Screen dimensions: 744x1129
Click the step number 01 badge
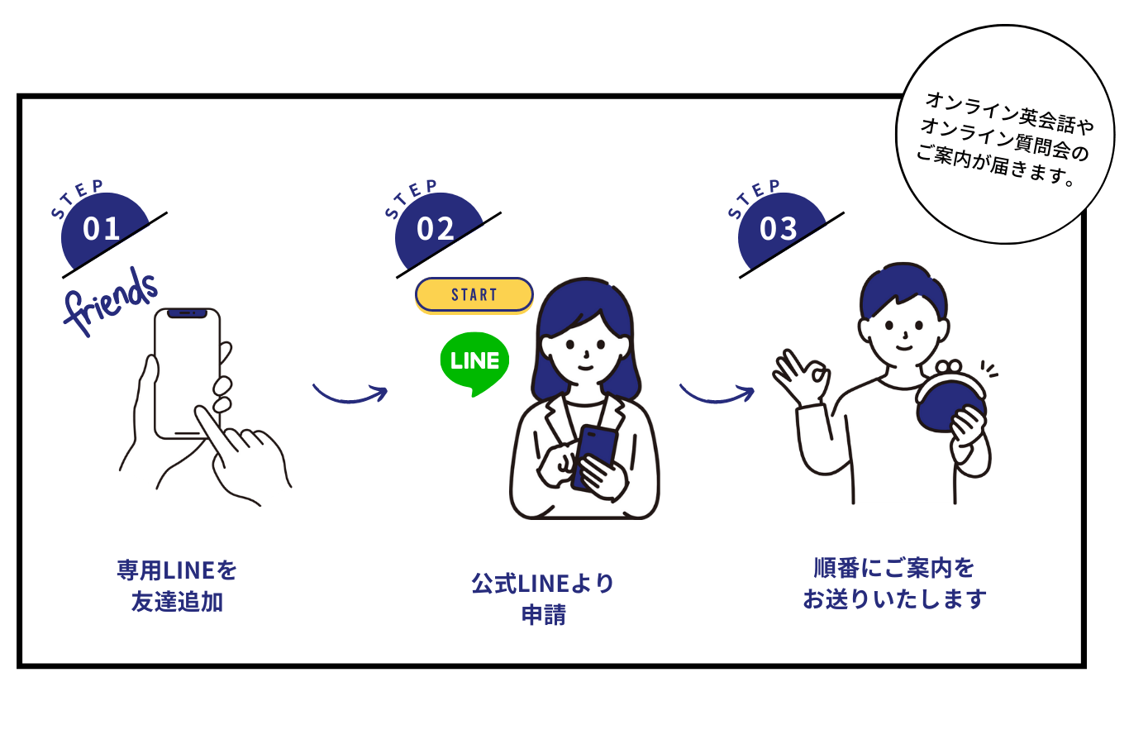click(102, 229)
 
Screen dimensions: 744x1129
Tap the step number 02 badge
click(436, 229)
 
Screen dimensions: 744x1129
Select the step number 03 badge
click(779, 229)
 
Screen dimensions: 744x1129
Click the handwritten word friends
click(111, 301)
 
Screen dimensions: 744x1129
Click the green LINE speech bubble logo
click(474, 362)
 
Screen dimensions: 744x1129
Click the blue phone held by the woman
click(597, 451)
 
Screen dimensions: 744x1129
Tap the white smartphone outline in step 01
click(187, 372)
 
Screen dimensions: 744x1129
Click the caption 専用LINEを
click(177, 570)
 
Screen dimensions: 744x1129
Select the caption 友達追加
click(177, 602)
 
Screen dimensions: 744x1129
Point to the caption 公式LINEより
click(543, 584)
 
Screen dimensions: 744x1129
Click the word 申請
click(543, 615)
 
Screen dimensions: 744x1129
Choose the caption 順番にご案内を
click(894, 568)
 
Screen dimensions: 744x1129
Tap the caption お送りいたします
click(894, 599)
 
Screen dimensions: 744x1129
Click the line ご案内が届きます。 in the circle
click(995, 165)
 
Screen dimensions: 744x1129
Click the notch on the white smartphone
click(187, 314)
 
